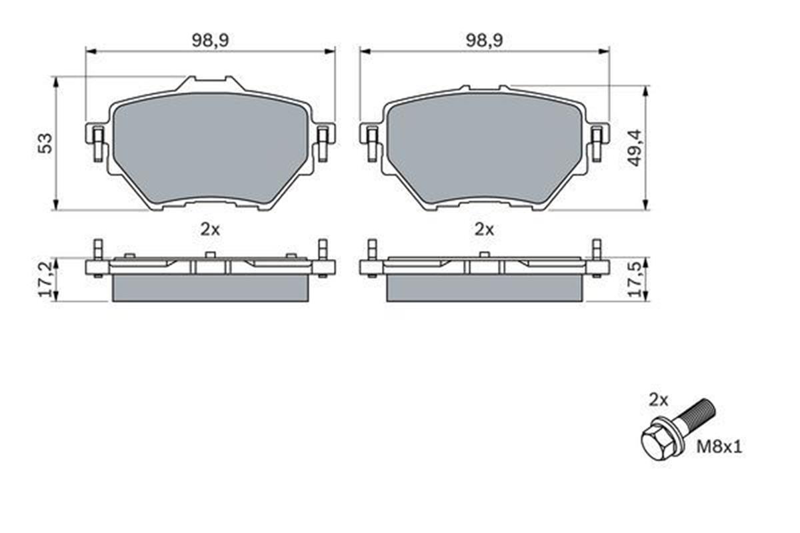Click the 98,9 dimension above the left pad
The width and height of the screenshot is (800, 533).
pos(211,40)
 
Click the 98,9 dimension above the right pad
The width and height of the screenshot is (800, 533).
pos(484,40)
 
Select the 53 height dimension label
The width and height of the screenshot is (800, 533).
pos(45,143)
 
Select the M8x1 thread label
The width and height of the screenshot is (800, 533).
pos(719,446)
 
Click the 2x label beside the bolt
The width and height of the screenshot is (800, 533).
pos(658,400)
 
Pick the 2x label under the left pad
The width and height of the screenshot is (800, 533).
pos(210,229)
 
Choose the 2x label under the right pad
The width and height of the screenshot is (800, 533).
pos(484,229)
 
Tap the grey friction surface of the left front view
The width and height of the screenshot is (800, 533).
pos(210,147)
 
